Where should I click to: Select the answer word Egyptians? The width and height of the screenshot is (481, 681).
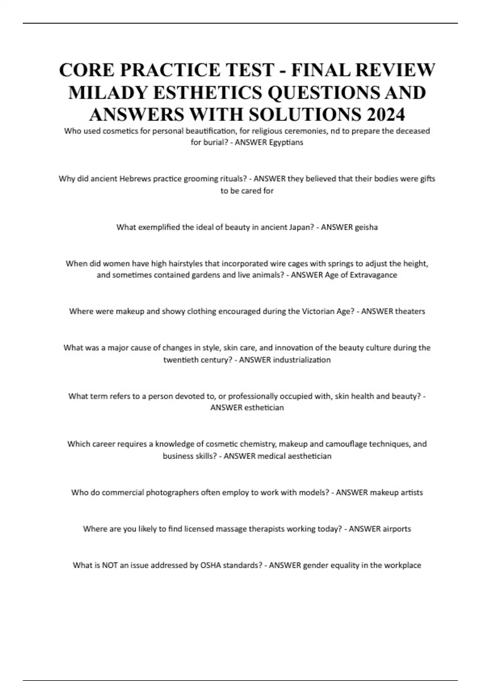[286, 142]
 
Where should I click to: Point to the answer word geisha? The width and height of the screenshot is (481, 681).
[366, 227]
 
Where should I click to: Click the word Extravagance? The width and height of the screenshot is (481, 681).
[374, 275]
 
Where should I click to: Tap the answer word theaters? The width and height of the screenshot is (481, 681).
[410, 311]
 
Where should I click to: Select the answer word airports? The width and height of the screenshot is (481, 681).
[396, 529]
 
